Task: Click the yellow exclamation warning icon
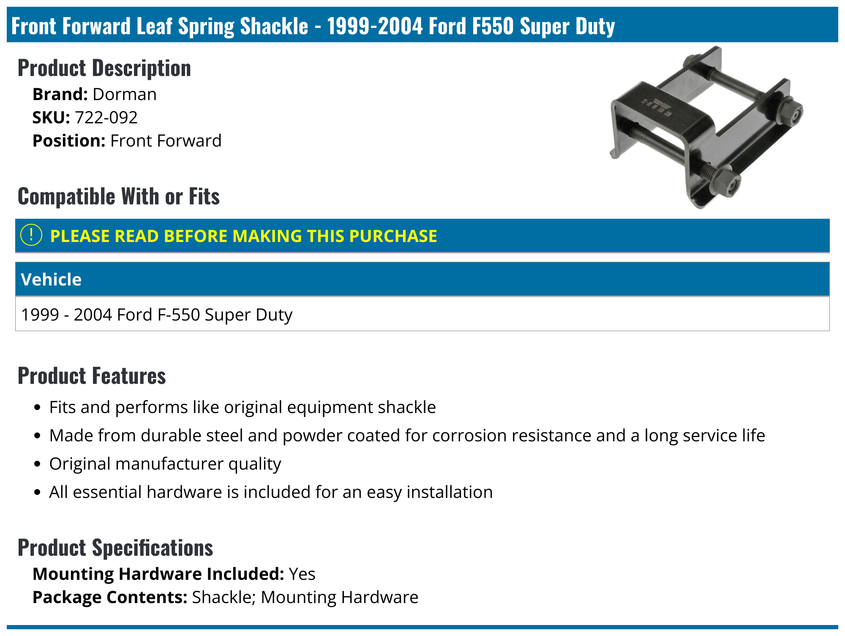(x=31, y=235)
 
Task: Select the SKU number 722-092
(x=106, y=117)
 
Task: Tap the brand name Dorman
(x=125, y=94)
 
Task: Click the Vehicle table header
(x=51, y=280)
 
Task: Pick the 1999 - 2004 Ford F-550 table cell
(x=157, y=315)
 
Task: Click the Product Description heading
(x=104, y=68)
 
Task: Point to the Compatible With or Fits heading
(x=119, y=196)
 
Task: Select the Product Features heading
(x=92, y=376)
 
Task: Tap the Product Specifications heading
(x=115, y=548)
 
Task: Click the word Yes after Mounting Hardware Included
(x=302, y=574)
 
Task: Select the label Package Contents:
(x=110, y=597)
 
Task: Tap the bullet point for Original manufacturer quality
(x=38, y=464)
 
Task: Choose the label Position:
(x=69, y=141)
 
